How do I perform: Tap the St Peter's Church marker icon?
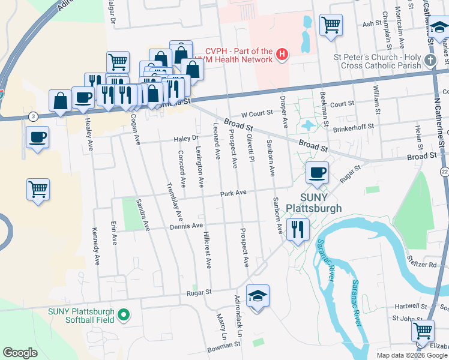430,61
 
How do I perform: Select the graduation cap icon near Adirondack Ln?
258,296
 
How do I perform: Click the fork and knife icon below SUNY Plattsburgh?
297,229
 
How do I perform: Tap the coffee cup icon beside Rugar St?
316,173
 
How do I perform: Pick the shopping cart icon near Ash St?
331,25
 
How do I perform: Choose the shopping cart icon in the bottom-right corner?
423,331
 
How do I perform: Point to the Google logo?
20,353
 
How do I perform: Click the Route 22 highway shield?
444,172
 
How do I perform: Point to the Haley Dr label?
186,139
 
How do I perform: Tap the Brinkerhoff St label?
354,127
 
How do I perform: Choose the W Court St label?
257,113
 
